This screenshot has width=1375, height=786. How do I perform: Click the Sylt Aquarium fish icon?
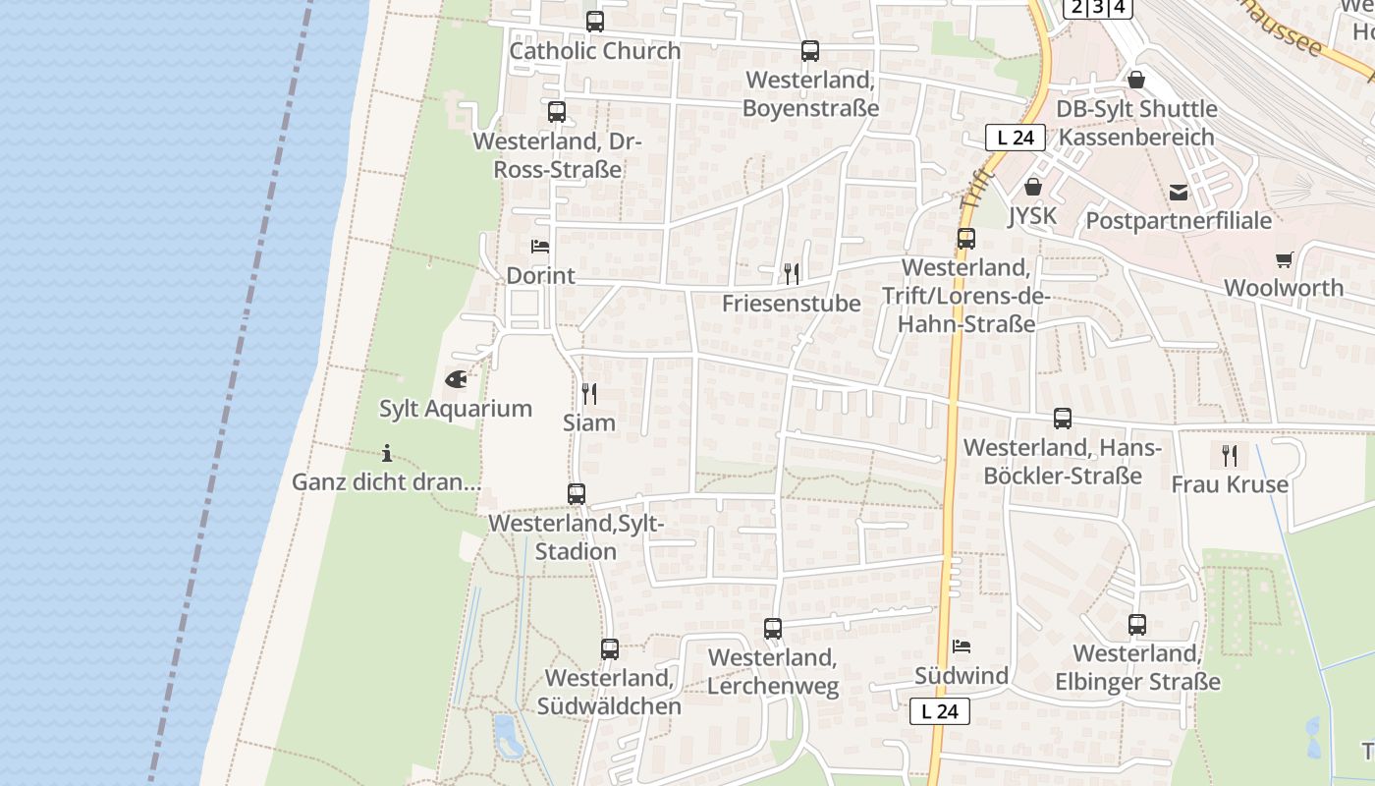coord(456,378)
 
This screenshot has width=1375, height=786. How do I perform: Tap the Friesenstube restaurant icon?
coord(792,273)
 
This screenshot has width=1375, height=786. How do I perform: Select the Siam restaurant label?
coord(589,422)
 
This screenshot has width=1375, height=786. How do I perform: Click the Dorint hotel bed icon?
coord(540,247)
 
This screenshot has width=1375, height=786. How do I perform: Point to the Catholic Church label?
coord(595,51)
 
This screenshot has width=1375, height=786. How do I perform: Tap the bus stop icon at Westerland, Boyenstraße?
coord(810,51)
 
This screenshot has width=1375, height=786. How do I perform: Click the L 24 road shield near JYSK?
coord(1015,138)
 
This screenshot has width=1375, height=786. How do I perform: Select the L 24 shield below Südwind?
coord(940,711)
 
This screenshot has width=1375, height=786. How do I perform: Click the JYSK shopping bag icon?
coord(1033,186)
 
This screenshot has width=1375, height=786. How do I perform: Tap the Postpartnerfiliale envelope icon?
coord(1179,192)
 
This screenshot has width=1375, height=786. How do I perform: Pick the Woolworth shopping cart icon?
coord(1284,259)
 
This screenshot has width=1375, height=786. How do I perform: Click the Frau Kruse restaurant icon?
coord(1229,455)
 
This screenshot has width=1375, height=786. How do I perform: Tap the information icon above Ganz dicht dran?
coord(387,453)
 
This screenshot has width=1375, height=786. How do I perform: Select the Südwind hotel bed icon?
coord(962,646)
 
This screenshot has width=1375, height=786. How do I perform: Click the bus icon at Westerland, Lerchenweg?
coord(773,629)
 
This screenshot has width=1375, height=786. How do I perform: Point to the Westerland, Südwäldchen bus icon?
coord(610,649)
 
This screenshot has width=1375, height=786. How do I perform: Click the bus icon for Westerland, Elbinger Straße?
coord(1137,625)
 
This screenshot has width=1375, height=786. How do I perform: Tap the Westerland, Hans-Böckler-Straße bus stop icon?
coord(1063,419)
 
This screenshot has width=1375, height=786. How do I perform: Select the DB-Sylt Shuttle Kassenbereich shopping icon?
coord(1136,80)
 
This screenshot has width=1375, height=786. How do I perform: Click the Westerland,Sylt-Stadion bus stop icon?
coord(577,494)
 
